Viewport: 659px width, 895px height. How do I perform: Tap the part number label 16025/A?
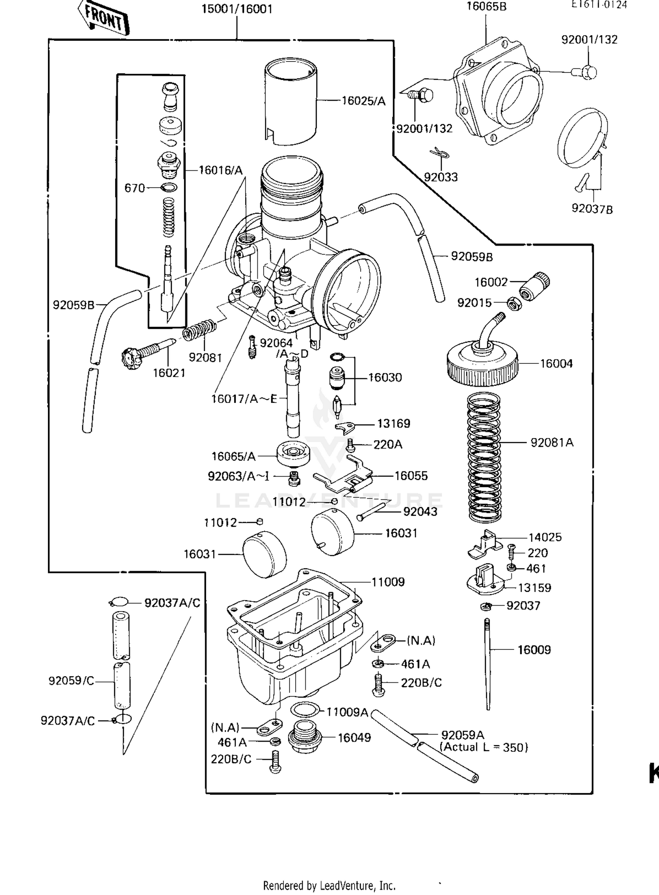pos(363,101)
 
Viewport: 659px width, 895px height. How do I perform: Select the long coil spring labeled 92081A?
pos(484,457)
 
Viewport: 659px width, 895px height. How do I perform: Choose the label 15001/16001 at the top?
pos(237,9)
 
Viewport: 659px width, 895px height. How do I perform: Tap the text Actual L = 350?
pos(484,747)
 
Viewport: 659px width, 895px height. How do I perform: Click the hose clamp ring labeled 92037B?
pos(582,137)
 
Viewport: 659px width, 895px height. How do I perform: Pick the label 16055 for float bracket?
pos(411,475)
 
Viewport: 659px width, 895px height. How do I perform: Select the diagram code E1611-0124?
pos(598,4)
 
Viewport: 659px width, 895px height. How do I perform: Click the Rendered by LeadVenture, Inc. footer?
pos(329,885)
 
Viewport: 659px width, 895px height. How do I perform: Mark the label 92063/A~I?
pos(239,476)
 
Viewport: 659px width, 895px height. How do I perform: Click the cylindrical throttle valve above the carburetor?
pos(290,101)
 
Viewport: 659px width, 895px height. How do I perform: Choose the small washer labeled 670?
pos(170,188)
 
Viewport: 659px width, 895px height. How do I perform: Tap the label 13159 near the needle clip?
pos(534,587)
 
